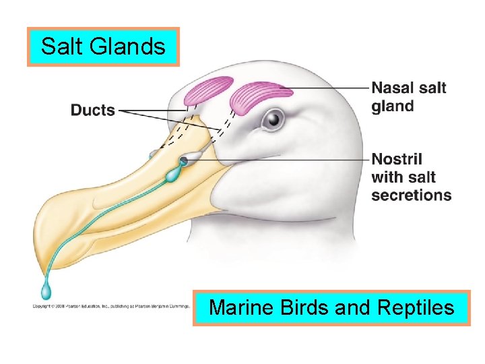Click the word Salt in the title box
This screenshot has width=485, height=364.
(x=60, y=47)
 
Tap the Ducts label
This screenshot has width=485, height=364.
(x=92, y=110)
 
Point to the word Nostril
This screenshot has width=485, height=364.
(x=397, y=160)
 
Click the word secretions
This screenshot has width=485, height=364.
(x=411, y=195)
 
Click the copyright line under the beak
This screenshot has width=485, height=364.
(x=111, y=306)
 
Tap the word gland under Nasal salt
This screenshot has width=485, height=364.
(x=393, y=106)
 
